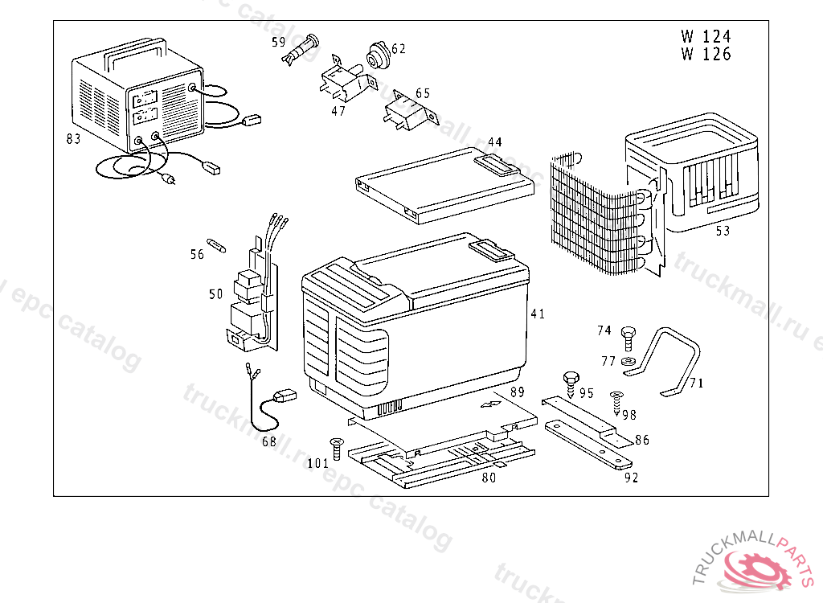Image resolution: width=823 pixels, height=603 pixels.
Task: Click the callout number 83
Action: pyautogui.click(x=73, y=139)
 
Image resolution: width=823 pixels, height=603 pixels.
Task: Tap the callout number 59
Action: pyautogui.click(x=278, y=40)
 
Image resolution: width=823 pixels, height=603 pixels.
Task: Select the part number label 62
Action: pyautogui.click(x=399, y=49)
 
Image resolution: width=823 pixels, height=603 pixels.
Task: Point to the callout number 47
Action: pyautogui.click(x=338, y=111)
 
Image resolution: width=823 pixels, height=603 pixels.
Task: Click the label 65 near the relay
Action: pyautogui.click(x=423, y=93)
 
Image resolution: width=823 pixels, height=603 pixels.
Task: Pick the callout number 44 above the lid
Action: pyautogui.click(x=494, y=142)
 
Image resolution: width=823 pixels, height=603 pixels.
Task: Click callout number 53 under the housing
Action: pyautogui.click(x=723, y=232)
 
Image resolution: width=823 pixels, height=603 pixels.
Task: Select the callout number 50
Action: pyautogui.click(x=216, y=294)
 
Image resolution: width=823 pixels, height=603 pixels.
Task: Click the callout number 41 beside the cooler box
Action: pyautogui.click(x=538, y=314)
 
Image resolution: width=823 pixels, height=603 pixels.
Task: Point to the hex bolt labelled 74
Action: pyautogui.click(x=629, y=333)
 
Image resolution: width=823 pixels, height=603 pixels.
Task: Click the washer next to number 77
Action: pyautogui.click(x=628, y=359)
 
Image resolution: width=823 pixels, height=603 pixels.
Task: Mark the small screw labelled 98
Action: pyautogui.click(x=617, y=400)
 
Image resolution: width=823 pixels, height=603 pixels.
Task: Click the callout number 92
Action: pyautogui.click(x=631, y=478)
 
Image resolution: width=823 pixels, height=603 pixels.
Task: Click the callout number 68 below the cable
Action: pyautogui.click(x=268, y=441)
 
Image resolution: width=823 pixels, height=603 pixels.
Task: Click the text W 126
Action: pyautogui.click(x=706, y=55)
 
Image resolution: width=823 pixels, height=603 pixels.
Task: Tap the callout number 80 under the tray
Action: pyautogui.click(x=489, y=478)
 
